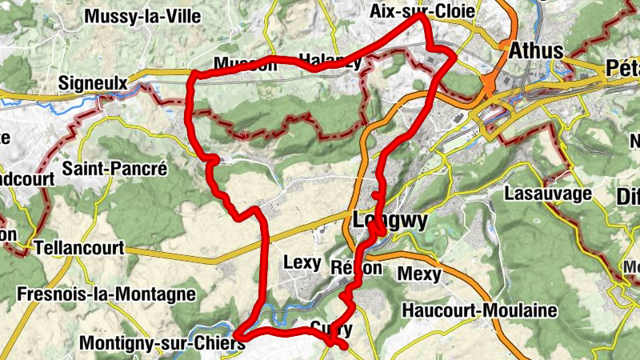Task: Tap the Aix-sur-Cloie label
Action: [x=422, y=11]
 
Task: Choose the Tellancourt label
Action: [x=78, y=248]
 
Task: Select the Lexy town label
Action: [x=302, y=262]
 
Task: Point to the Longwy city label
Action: [x=390, y=220]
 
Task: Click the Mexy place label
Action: [x=421, y=274]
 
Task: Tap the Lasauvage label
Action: [x=548, y=193]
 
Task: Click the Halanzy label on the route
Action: [x=329, y=59]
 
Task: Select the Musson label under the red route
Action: [x=245, y=65]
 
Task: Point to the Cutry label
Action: [x=331, y=327]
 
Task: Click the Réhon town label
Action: [x=356, y=268]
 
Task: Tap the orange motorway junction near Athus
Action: [x=490, y=82]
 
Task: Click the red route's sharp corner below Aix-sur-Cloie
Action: [x=453, y=57]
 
